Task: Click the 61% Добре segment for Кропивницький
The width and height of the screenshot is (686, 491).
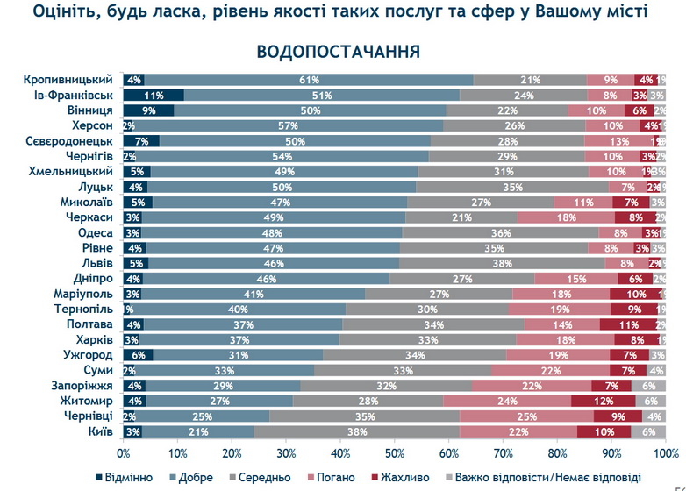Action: click(x=308, y=80)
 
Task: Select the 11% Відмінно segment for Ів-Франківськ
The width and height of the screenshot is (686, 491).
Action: click(x=154, y=95)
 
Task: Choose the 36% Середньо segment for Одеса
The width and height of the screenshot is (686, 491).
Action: click(x=501, y=232)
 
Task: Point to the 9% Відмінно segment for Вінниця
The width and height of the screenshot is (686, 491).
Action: click(x=148, y=110)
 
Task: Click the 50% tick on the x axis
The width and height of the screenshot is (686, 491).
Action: click(x=395, y=453)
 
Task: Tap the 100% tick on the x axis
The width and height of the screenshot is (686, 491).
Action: click(x=665, y=453)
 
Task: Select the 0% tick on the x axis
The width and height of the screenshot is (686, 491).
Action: click(x=125, y=453)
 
